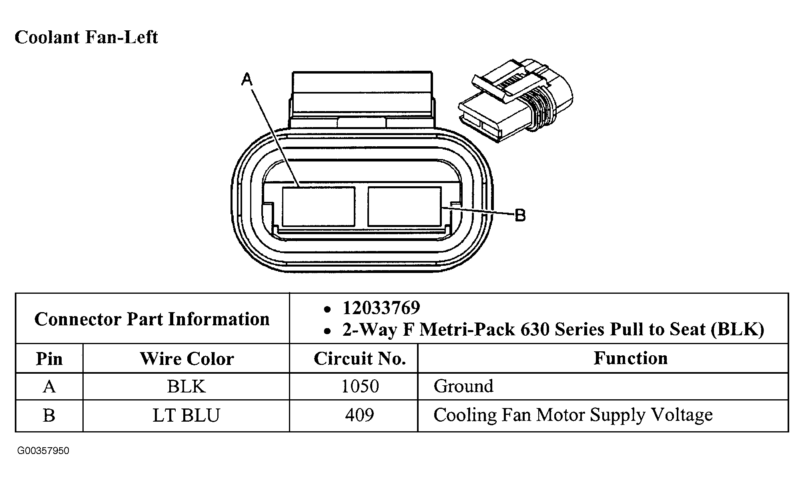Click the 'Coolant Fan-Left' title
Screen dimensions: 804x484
pos(86,37)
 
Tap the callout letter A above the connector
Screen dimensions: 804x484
pos(247,80)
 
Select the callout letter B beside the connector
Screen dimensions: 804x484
pos(519,215)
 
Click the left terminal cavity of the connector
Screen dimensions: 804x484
pos(319,207)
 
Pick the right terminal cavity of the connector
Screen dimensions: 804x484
pos(404,207)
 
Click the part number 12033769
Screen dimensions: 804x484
pos(381,308)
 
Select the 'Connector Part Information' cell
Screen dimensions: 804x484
pos(152,319)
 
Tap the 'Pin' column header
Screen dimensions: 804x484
pos(49,359)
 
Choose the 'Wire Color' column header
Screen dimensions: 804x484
pos(186,359)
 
